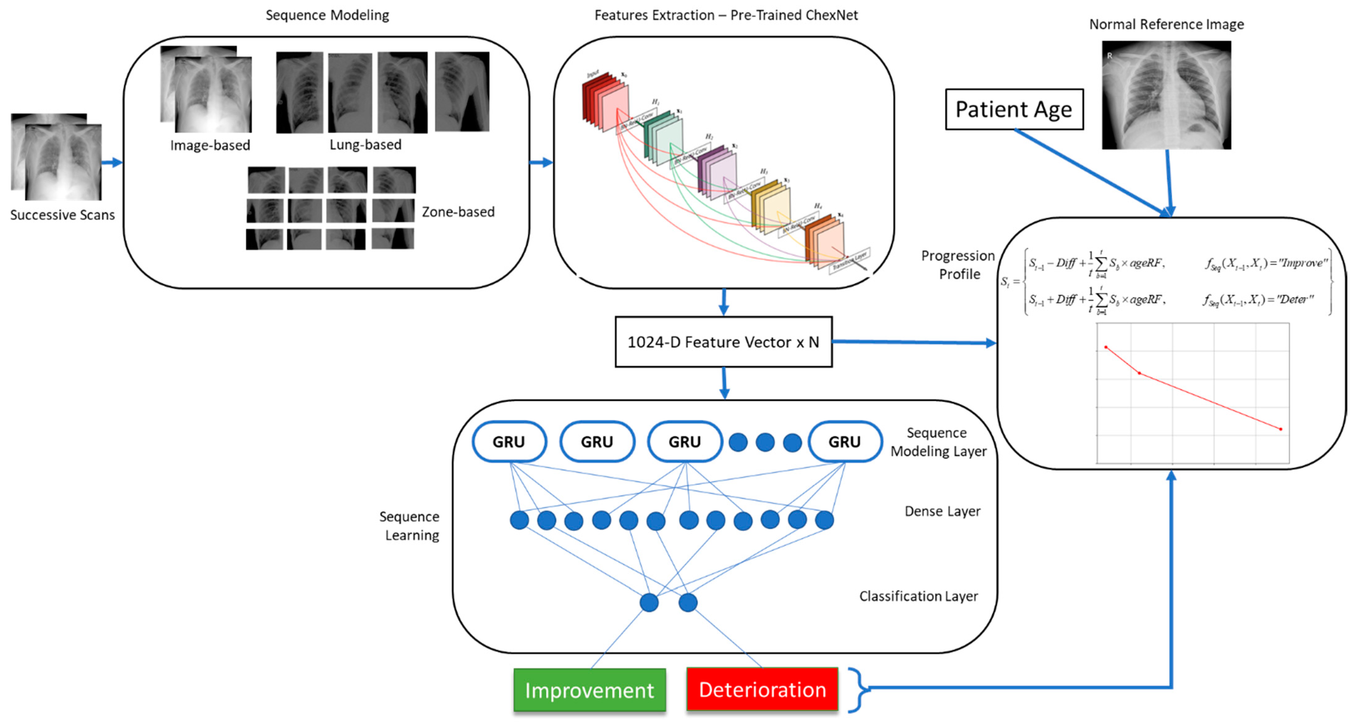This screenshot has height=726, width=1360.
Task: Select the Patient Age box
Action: click(1014, 109)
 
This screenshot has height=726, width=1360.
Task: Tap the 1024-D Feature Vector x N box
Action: click(723, 342)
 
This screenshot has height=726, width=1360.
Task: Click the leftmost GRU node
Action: click(509, 442)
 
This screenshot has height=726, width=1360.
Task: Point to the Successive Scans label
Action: click(62, 215)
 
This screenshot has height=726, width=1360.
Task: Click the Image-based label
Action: click(210, 145)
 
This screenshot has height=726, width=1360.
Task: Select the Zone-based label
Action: click(458, 212)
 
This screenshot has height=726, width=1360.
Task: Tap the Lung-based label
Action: click(365, 145)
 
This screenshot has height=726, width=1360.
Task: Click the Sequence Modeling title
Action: click(327, 15)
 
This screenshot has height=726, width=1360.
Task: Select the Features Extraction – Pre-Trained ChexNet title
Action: click(726, 15)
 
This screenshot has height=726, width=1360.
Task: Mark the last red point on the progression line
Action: click(1281, 429)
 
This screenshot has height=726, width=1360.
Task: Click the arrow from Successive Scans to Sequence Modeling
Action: click(112, 162)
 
